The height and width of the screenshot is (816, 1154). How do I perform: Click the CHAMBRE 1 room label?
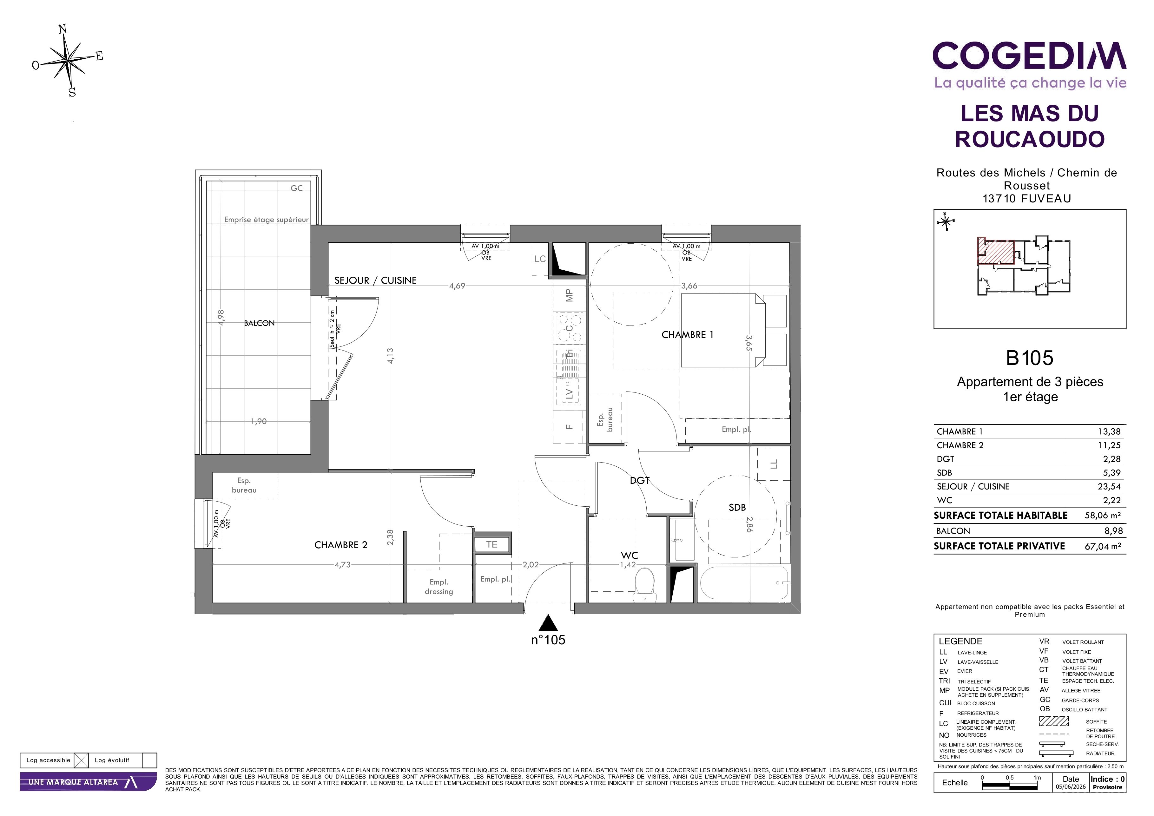[687, 335]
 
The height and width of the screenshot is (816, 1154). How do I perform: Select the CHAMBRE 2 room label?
[341, 545]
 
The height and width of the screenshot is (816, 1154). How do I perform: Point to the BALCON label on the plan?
[259, 323]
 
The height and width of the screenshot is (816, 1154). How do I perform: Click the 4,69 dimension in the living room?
[457, 286]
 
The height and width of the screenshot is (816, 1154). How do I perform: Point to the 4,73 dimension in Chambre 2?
[342, 565]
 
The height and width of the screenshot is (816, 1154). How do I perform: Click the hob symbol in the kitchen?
[570, 328]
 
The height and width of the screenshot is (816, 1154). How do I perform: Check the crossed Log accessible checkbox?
[81, 760]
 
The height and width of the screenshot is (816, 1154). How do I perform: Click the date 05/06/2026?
[1071, 787]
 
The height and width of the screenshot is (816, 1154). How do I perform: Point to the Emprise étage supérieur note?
[267, 220]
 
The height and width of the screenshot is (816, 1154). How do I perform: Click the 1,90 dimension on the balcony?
[259, 422]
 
